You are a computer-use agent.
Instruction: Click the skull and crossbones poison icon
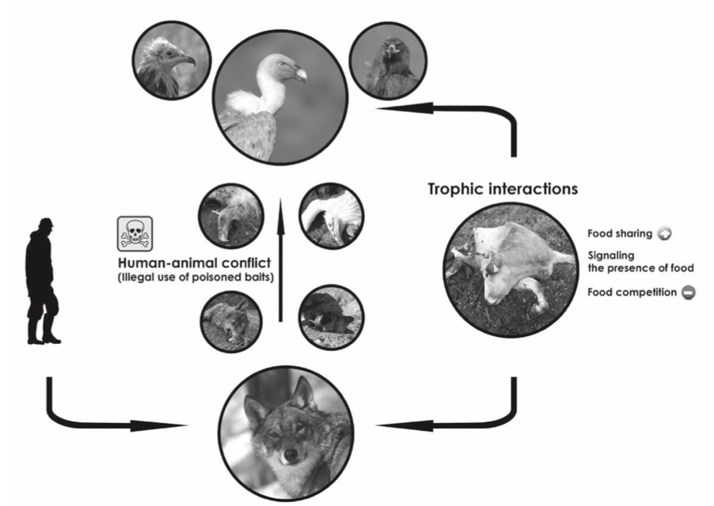point(135,234)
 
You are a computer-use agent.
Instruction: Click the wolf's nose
point(290,454)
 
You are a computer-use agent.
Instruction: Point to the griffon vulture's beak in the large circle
point(298,74)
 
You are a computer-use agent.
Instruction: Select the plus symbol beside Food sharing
point(664,234)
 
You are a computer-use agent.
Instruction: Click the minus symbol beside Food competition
point(688,293)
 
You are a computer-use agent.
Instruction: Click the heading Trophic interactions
point(503,189)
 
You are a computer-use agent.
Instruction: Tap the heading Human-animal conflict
point(195,262)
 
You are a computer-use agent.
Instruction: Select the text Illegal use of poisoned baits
point(196,278)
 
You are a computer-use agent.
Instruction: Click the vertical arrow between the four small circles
point(280,259)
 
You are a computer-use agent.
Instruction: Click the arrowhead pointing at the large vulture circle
point(404,108)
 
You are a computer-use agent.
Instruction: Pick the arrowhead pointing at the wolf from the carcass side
point(404,426)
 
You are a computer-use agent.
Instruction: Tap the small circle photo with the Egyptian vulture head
point(171,60)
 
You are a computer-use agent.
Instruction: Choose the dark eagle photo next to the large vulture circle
point(388,60)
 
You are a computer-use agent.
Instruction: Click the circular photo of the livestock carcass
point(510,271)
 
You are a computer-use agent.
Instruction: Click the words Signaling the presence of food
point(640,262)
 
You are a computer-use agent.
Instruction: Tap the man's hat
point(46,222)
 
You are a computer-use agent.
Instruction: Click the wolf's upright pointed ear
point(304,393)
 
